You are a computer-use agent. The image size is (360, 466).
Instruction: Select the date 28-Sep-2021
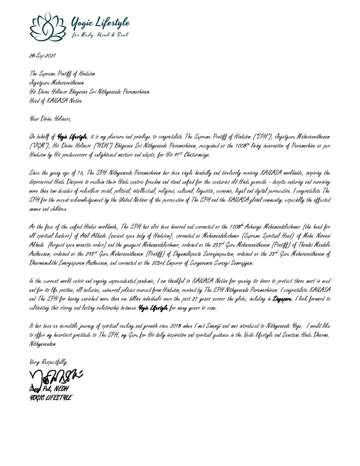pos(42,56)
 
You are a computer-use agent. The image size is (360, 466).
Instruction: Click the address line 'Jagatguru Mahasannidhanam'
pos(57,83)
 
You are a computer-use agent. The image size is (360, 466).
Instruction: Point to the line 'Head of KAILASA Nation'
pos(55,101)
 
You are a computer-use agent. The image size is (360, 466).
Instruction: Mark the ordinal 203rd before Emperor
pos(151,263)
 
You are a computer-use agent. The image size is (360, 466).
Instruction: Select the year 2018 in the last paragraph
pos(176,326)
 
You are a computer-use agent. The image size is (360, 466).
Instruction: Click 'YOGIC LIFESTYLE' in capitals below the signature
pos(50,397)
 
